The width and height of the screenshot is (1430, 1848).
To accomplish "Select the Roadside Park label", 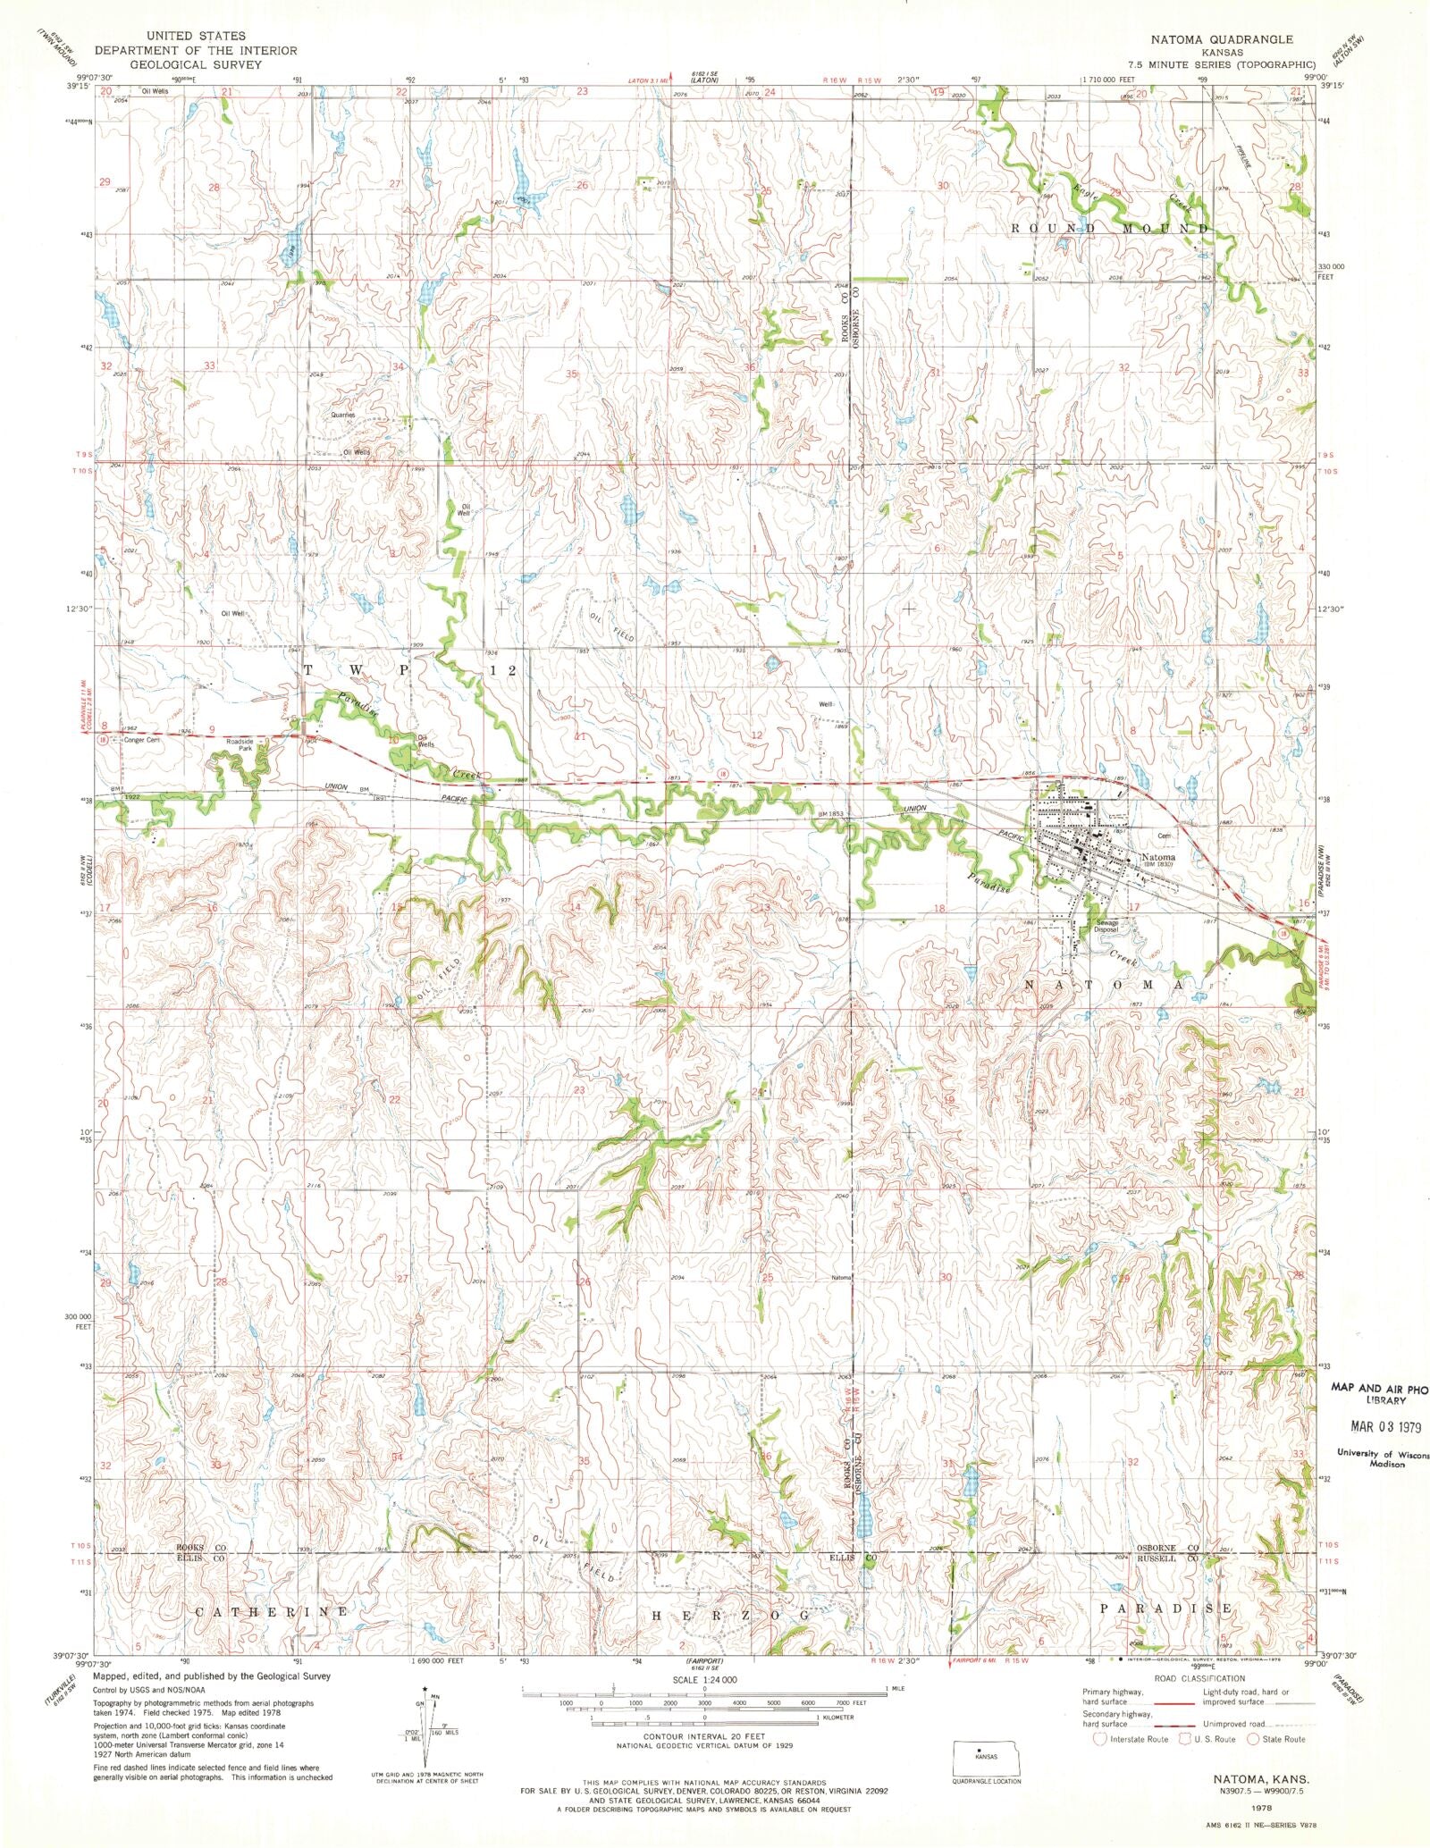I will [x=239, y=743].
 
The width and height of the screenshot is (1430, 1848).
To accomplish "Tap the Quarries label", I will [x=343, y=415].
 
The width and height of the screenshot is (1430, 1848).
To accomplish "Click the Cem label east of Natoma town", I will [x=1164, y=836].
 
